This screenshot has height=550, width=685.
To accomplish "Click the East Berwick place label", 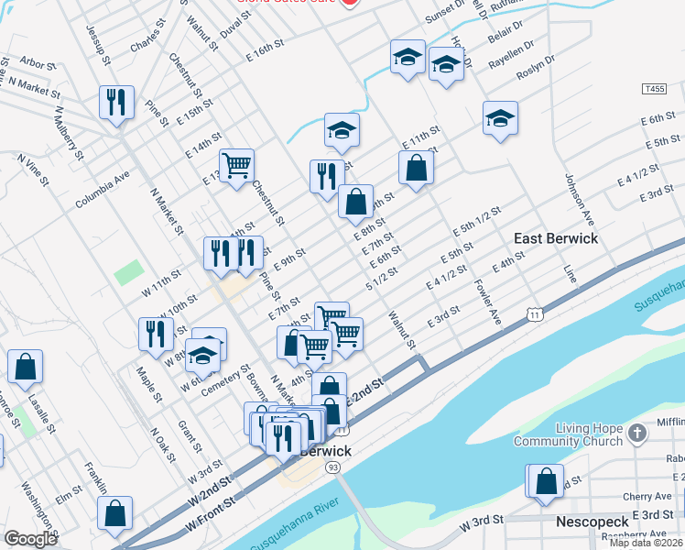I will tap(555, 238).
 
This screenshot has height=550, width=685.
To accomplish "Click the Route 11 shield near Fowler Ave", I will tap(533, 313).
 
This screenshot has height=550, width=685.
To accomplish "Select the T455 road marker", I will tap(653, 89).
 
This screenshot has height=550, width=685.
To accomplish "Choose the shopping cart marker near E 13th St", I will tap(236, 166).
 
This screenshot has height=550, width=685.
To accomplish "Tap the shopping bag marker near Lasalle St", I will tap(26, 366).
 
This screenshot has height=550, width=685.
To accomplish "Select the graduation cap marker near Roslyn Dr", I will tap(500, 118).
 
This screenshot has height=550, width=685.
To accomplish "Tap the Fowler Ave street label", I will tap(487, 302).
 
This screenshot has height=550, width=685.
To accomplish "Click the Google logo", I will tap(30, 539).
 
